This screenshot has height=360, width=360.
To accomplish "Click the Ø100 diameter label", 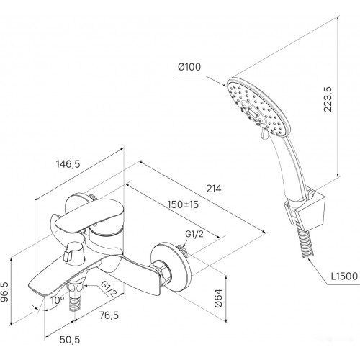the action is [x=189, y=67].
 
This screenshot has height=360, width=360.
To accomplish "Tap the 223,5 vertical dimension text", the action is [x=328, y=99].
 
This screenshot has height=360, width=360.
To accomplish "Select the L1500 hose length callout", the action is [x=344, y=276].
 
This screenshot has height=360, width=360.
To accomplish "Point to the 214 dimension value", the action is [x=214, y=189].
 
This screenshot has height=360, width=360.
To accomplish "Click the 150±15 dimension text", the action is [x=183, y=204].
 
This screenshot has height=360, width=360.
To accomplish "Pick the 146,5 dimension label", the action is [x=68, y=164].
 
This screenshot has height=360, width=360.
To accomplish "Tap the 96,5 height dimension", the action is [x=5, y=292].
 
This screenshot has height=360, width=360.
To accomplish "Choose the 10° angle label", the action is [x=58, y=300].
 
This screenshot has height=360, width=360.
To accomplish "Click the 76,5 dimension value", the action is [x=109, y=315].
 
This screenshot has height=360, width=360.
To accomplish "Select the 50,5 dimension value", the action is [x=70, y=340].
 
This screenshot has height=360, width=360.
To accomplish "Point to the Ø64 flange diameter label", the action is [x=219, y=298].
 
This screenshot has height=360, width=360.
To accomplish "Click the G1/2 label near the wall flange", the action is [x=194, y=234].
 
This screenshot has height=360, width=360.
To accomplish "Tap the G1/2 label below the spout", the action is [x=109, y=289].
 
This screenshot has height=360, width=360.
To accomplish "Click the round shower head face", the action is [x=258, y=107].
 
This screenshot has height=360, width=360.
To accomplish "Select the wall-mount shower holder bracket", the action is [x=305, y=208].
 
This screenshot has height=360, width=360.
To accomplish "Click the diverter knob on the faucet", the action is [x=73, y=253].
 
